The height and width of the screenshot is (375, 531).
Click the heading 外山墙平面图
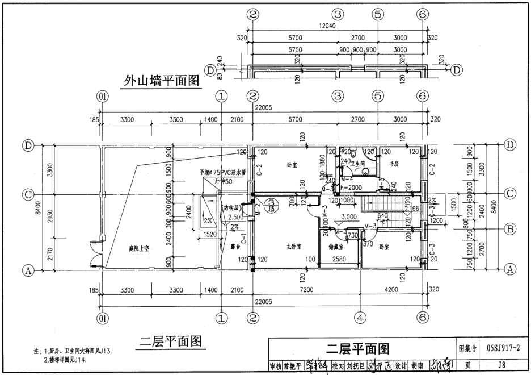[x=162, y=81]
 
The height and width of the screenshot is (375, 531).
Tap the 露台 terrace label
[x=229, y=247]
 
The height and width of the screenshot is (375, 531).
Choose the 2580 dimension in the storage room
[x=339, y=259]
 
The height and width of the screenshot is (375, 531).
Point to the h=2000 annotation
[x=351, y=187]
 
